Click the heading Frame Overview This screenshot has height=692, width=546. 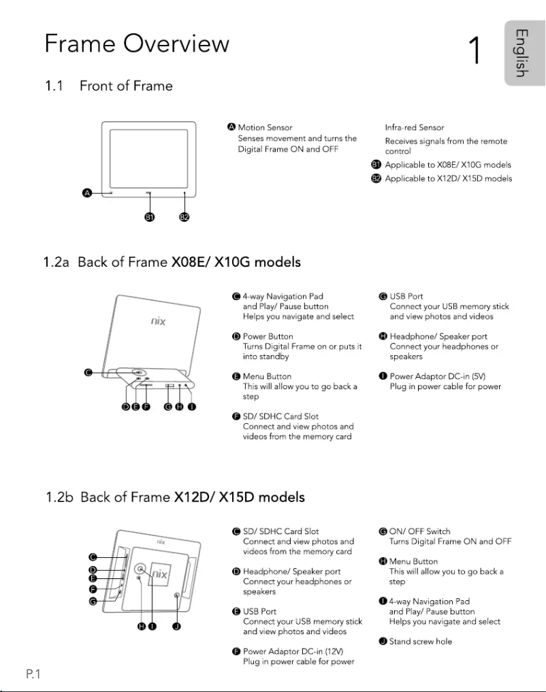137,44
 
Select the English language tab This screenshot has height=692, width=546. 521,53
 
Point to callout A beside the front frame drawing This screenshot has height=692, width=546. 86,194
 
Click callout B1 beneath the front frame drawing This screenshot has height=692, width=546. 150,217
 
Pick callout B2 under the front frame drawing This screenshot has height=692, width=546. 184,217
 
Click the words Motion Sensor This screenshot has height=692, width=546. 265,127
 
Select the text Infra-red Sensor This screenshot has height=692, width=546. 415,127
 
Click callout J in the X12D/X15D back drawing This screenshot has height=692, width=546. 176,627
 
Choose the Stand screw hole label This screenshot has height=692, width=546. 420,641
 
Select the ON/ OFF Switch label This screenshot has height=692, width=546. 419,531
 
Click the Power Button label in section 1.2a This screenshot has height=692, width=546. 268,336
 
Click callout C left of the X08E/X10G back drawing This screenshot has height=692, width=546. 88,372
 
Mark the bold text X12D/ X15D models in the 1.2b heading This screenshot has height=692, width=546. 239,497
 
